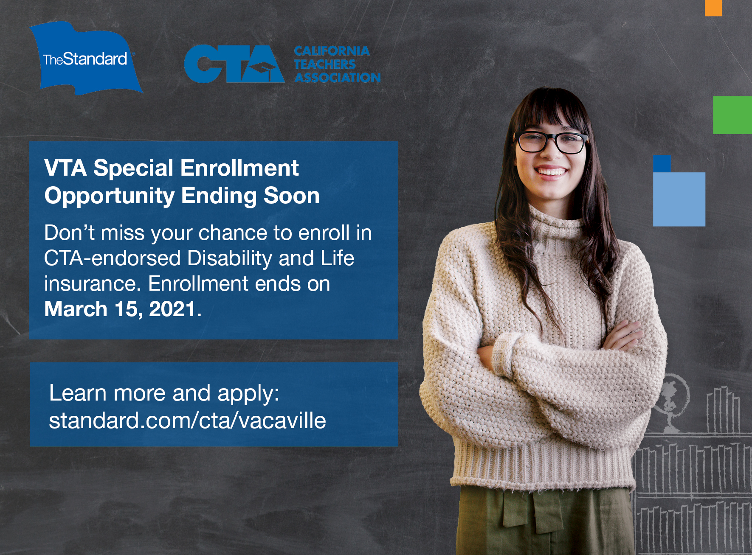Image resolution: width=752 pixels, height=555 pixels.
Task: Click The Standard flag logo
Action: click(86, 59)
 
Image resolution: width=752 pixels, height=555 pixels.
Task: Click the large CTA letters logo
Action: click(234, 64)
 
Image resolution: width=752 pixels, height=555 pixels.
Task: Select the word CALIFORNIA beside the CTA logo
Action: click(332, 51)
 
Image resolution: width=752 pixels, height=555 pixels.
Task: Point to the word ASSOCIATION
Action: click(338, 78)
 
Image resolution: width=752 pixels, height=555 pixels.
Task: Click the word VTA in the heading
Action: click(65, 168)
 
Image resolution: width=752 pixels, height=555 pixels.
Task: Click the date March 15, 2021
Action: click(120, 309)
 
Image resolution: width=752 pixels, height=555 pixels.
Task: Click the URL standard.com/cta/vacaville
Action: click(187, 420)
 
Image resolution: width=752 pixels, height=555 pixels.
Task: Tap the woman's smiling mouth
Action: click(551, 172)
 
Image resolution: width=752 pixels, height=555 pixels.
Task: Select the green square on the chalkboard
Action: click(732, 115)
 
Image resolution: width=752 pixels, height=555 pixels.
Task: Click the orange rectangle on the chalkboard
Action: click(713, 8)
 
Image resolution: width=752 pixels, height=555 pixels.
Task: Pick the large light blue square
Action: click(679, 199)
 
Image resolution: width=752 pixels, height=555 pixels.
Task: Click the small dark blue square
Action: click(662, 164)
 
